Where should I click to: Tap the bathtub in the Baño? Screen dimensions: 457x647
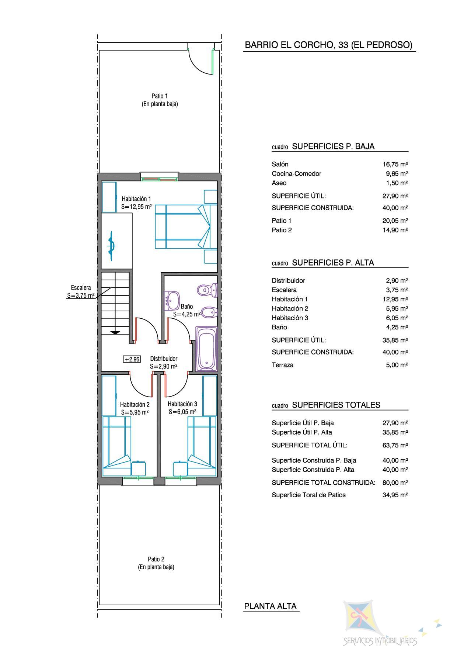[x=206, y=349]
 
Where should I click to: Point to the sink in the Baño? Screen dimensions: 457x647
[x=171, y=300]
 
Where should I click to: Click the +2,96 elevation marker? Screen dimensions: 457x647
[x=132, y=359]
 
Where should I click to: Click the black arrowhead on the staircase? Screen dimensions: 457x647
[x=115, y=332]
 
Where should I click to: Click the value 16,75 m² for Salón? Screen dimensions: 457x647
[x=395, y=164]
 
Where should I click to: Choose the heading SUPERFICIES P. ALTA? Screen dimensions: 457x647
[x=333, y=263]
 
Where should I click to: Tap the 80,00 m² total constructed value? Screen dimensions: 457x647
[x=395, y=482]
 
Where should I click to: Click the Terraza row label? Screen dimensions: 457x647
[x=283, y=365]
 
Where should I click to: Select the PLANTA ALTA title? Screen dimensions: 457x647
[x=271, y=606]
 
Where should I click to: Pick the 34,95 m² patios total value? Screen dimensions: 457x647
[x=395, y=495]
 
